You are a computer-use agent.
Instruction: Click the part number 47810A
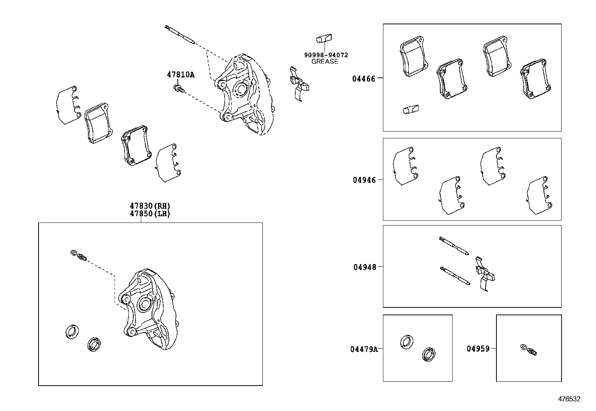180,74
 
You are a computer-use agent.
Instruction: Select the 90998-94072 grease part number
326,55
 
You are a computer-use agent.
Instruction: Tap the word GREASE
325,61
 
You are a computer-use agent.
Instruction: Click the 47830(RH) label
150,206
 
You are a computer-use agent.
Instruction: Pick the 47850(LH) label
150,214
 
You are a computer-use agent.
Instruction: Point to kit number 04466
364,79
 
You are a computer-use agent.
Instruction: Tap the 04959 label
478,349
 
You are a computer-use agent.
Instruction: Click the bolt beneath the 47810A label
179,89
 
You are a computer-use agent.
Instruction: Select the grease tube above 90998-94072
324,39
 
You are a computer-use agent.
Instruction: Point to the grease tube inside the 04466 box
411,109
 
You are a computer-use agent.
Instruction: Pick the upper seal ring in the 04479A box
406,342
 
